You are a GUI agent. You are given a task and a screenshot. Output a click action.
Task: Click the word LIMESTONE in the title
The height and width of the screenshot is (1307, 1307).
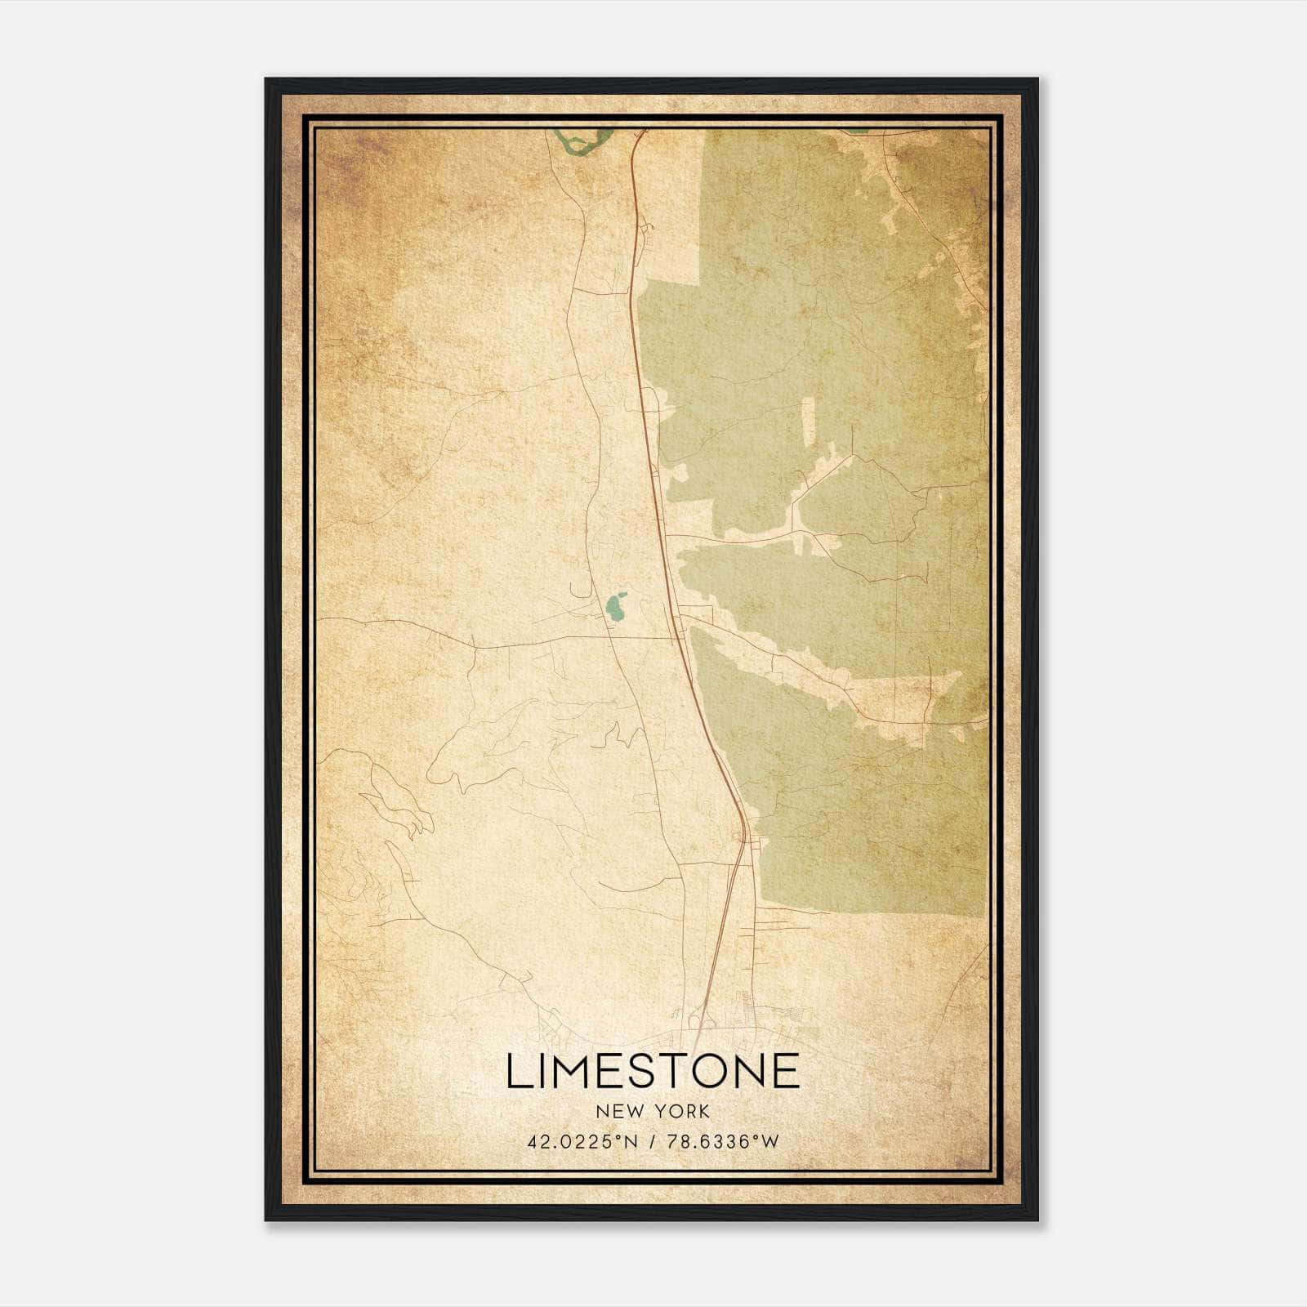(x=653, y=1071)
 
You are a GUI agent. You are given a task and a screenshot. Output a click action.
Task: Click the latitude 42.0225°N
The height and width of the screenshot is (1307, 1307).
(x=581, y=1142)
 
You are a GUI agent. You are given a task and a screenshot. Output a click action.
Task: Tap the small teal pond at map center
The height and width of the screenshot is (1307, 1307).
(x=615, y=605)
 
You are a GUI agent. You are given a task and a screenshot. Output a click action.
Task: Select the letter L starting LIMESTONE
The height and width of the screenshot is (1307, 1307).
(x=517, y=1071)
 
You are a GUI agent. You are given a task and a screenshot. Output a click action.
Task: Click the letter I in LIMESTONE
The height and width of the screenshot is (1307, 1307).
(x=541, y=1071)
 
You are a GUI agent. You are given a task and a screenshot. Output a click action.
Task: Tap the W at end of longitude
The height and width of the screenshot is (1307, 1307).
(x=771, y=1142)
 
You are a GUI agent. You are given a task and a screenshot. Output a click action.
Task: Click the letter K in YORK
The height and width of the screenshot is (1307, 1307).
(x=704, y=1112)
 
